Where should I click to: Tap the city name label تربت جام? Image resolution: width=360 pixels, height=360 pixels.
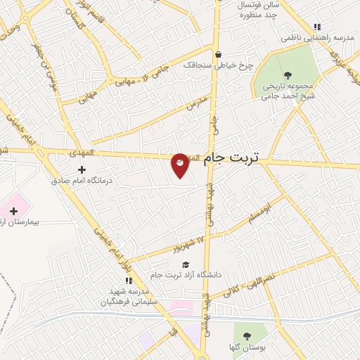(231, 160)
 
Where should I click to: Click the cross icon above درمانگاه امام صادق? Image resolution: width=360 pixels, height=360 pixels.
(82, 169)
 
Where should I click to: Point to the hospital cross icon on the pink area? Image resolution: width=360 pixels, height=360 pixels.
(13, 210)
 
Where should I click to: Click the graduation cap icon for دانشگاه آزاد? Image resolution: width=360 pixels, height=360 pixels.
(185, 264)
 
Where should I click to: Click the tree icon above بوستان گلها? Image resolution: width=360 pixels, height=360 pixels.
(246, 335)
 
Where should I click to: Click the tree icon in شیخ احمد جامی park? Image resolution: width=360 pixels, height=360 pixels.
(287, 75)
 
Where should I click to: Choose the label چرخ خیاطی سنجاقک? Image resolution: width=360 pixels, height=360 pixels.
(218, 65)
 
